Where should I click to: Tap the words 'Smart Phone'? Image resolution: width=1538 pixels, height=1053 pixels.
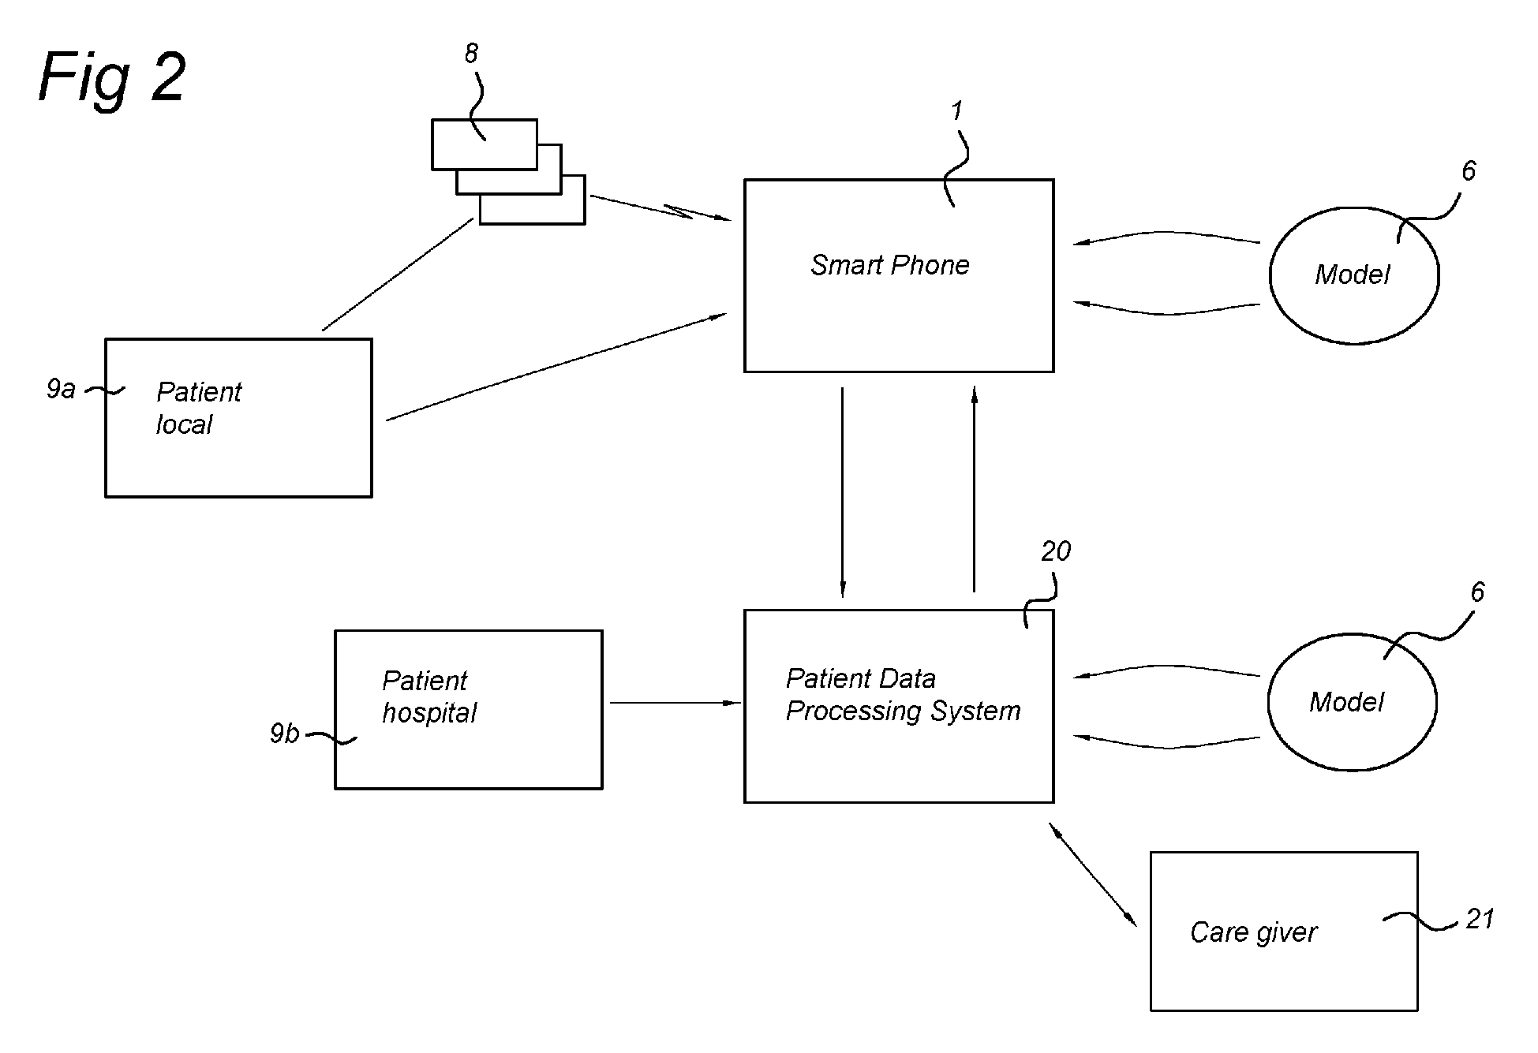click(889, 265)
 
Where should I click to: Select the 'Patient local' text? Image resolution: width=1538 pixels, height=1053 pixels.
click(198, 408)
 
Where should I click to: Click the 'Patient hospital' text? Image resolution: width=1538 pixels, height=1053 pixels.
click(428, 696)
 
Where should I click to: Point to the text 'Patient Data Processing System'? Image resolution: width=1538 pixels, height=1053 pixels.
click(903, 695)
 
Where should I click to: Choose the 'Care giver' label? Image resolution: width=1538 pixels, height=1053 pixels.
click(1253, 932)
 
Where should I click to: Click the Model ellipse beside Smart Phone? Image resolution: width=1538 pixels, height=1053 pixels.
click(1353, 275)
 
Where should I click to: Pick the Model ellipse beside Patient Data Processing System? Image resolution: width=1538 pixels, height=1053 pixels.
click(1351, 702)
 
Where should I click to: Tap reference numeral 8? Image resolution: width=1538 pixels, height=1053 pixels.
click(471, 54)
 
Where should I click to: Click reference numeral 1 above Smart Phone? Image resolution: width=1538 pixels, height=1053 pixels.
click(957, 111)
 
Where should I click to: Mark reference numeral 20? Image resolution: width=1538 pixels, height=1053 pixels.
click(1055, 551)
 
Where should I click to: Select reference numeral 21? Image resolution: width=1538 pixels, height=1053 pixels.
click(1480, 919)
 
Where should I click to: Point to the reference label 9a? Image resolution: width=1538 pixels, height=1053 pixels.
click(61, 389)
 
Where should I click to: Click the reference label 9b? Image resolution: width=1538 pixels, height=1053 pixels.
click(284, 734)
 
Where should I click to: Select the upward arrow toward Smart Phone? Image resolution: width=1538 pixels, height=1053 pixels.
click(974, 489)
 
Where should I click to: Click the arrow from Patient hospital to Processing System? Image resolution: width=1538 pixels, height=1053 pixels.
click(675, 702)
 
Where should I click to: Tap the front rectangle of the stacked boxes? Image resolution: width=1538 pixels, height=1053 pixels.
click(484, 144)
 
